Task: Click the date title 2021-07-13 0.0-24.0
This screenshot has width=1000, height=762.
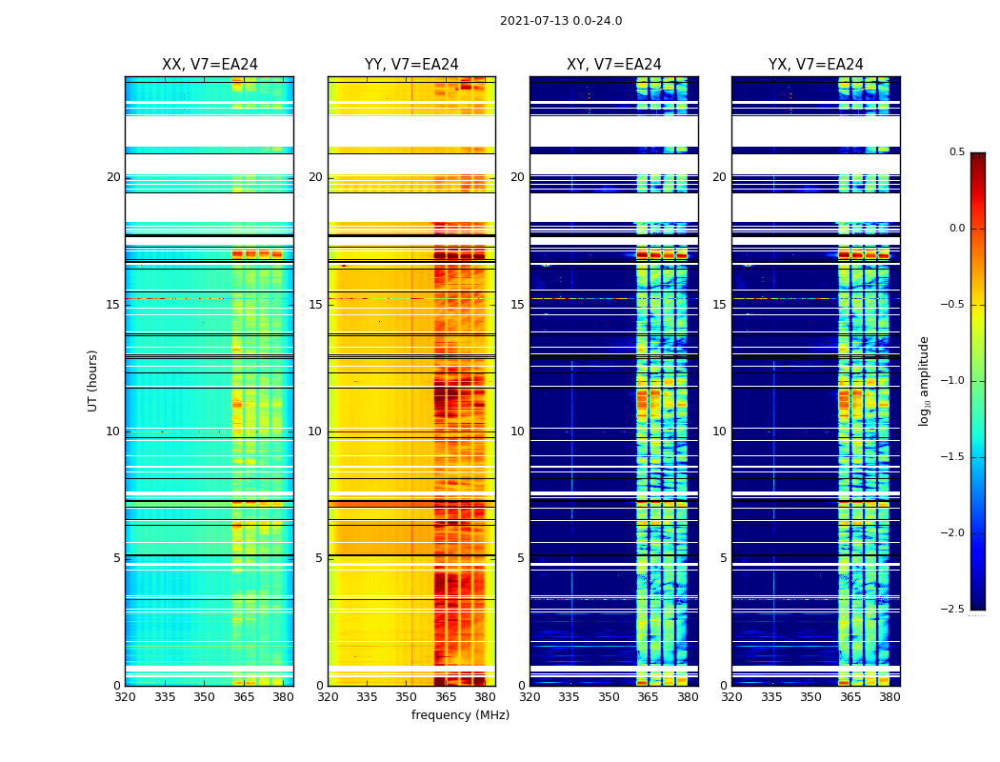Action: [x=561, y=21]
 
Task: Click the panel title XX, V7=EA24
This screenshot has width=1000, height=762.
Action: [x=210, y=65]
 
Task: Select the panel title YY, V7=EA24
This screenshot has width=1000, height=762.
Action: [x=411, y=65]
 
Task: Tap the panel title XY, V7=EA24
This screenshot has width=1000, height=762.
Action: [x=614, y=65]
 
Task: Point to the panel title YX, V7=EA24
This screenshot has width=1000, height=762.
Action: [x=816, y=65]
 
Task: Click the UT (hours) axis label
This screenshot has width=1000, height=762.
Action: [x=92, y=380]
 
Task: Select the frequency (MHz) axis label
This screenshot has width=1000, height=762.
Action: [x=460, y=715]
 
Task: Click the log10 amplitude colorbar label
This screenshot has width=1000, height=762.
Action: [x=924, y=380]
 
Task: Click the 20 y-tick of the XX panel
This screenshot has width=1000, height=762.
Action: [x=113, y=177]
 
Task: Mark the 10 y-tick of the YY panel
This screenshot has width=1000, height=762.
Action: [x=315, y=431]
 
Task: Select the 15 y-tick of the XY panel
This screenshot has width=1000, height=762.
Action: [x=517, y=305]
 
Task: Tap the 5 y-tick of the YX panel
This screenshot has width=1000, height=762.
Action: [x=723, y=558]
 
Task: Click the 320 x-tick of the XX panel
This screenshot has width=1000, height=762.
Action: [x=125, y=697]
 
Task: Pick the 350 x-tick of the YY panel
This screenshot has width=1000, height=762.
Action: [x=407, y=697]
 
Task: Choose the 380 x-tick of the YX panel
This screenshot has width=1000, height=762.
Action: [x=890, y=697]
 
